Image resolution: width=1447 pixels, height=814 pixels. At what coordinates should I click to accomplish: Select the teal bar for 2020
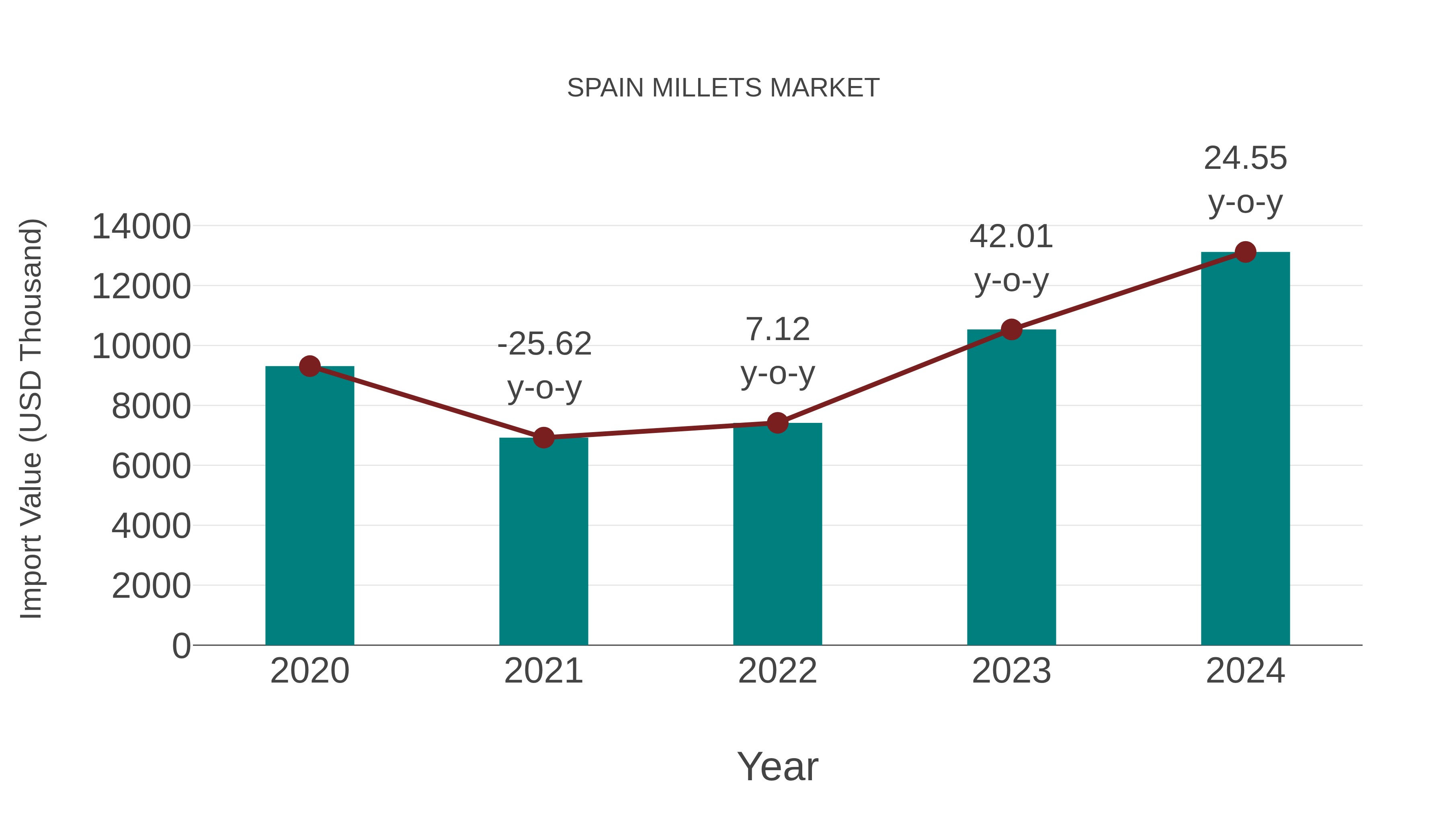click(x=309, y=506)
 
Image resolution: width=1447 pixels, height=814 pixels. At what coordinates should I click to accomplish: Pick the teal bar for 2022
click(x=777, y=534)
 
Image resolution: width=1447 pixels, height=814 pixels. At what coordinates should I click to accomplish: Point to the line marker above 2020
click(x=309, y=366)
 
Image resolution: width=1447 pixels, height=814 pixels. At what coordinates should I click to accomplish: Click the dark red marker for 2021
click(x=543, y=437)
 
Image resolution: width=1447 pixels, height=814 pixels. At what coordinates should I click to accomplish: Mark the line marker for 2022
click(x=777, y=422)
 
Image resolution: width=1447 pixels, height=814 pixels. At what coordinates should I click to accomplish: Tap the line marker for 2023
click(x=1011, y=329)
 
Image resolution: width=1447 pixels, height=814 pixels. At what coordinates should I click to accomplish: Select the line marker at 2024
click(x=1245, y=252)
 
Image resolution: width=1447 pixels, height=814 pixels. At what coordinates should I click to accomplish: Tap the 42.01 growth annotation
click(x=1011, y=258)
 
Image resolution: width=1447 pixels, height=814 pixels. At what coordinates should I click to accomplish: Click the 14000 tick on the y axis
click(x=141, y=227)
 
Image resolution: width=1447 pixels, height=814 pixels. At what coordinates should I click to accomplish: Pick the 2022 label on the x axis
click(x=777, y=671)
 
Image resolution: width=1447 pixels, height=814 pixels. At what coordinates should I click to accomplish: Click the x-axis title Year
click(x=777, y=766)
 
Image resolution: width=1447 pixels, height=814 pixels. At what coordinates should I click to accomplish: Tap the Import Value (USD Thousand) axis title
click(x=31, y=418)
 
